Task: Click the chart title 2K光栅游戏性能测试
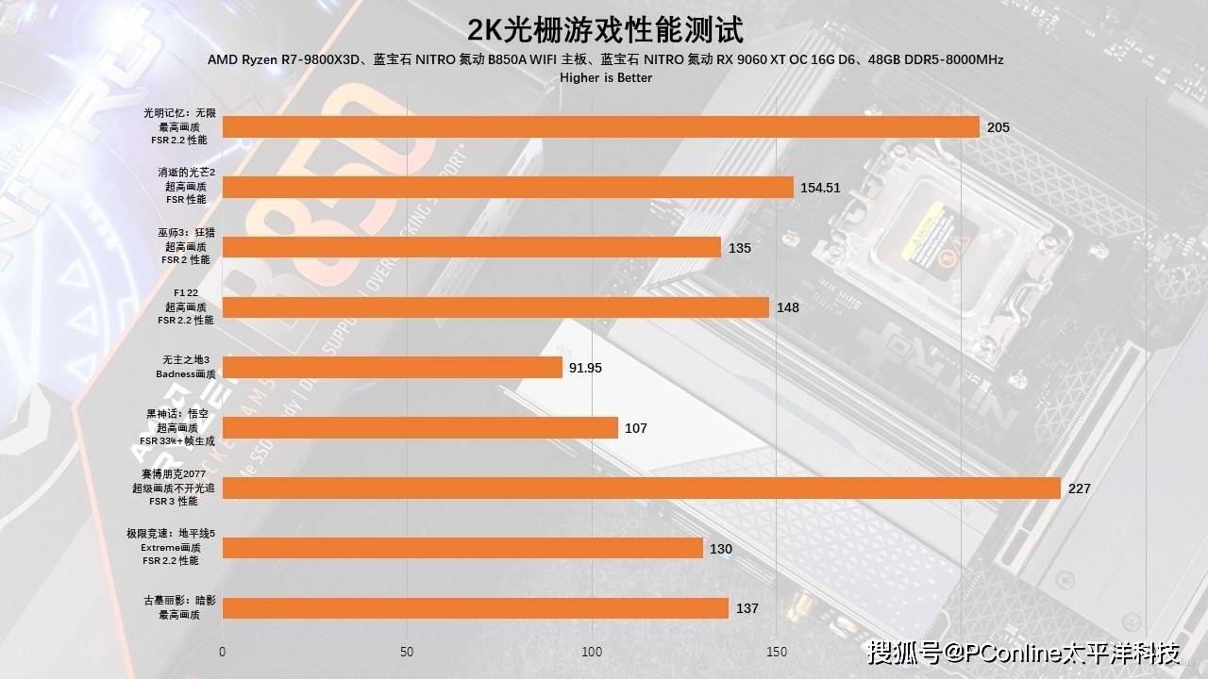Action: [x=605, y=29]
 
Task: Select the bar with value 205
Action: [x=600, y=127]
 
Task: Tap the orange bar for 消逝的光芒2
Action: [x=508, y=188]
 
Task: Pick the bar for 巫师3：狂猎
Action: [x=471, y=247]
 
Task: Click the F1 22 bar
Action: [x=495, y=307]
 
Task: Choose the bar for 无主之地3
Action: [x=392, y=368]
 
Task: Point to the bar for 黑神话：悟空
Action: [x=420, y=428]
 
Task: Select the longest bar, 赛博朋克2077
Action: [x=641, y=489]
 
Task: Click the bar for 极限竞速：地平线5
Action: [x=462, y=549]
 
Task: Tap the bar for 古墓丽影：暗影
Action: [x=475, y=608]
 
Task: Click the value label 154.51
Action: [x=820, y=188]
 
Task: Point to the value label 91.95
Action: [x=585, y=368]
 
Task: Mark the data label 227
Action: [x=1080, y=489]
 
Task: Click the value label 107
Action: [x=636, y=428]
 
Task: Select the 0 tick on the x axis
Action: [x=223, y=652]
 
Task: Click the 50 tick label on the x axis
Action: [x=407, y=652]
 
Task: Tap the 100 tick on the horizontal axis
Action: [x=592, y=652]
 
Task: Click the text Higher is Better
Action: [x=605, y=77]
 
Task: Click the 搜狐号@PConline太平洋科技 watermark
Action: [x=1024, y=653]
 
